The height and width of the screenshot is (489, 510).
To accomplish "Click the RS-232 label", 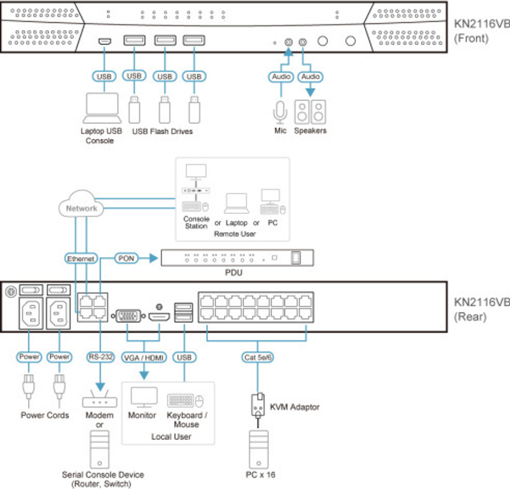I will click(x=99, y=357).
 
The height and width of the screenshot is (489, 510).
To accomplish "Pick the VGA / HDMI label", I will click(x=143, y=357).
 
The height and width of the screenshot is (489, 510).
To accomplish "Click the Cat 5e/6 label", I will click(x=258, y=357).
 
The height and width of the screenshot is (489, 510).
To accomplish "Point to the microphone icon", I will click(x=280, y=112).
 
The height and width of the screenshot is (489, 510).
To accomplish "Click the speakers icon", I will click(x=311, y=112).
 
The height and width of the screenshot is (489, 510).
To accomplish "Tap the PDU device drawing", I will click(x=237, y=258).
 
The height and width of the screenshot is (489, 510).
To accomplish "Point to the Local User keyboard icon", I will click(x=181, y=400).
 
